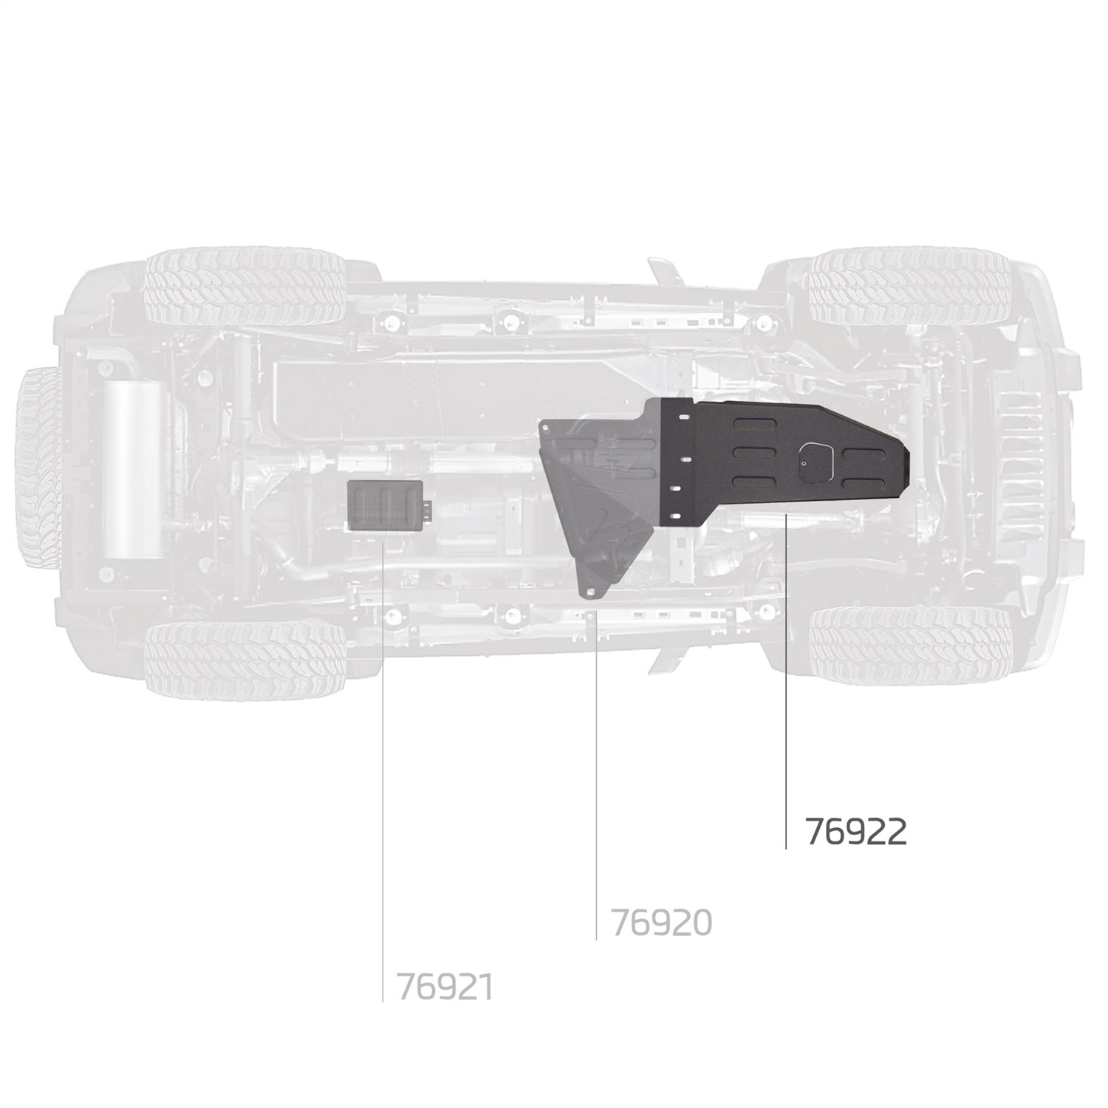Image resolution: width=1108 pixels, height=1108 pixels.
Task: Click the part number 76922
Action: pos(855,832)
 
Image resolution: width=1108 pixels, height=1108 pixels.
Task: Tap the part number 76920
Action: pos(661,923)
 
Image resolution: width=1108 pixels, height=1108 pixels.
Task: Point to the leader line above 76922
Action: pos(785,680)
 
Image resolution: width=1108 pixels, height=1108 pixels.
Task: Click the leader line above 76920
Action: pos(596,776)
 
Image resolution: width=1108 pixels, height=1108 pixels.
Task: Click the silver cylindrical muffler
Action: pos(133,469)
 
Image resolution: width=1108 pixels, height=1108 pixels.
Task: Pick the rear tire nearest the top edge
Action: pos(246,288)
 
